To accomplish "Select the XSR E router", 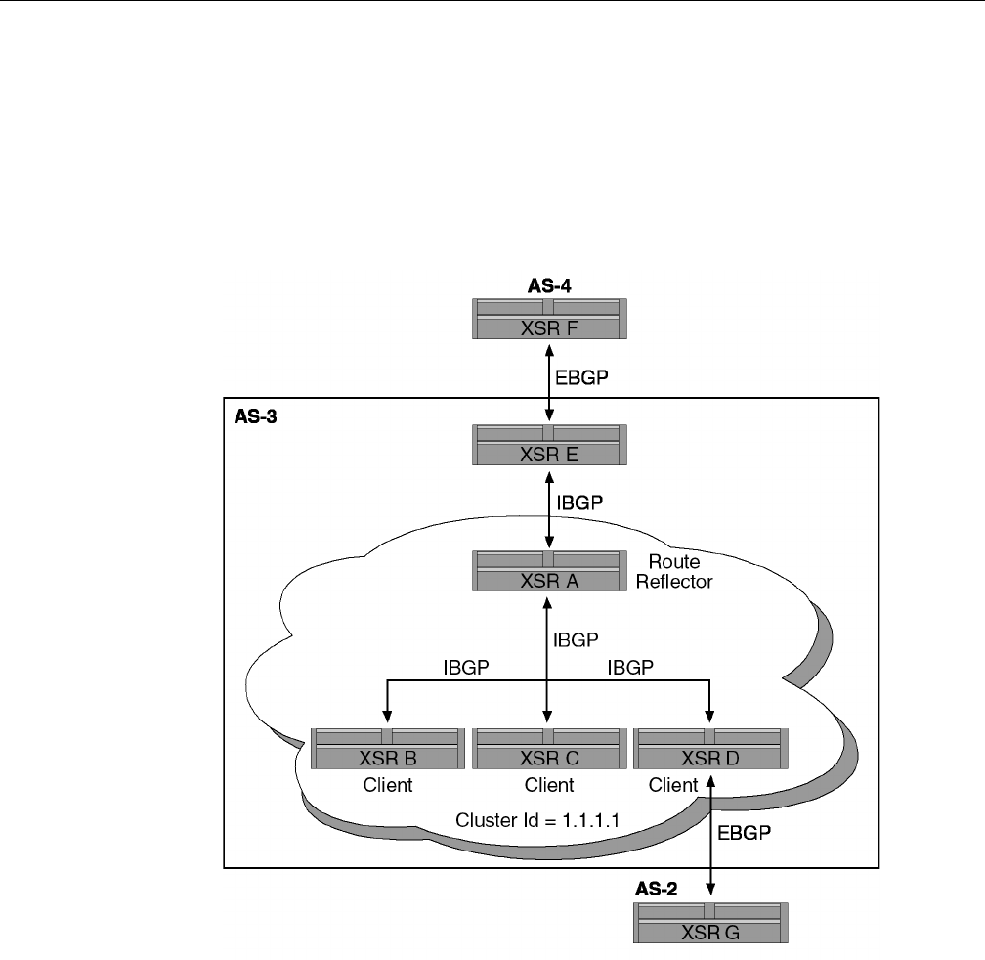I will pyautogui.click(x=548, y=445).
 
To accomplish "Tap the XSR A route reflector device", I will pyautogui.click(x=548, y=571).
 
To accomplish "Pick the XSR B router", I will pyautogui.click(x=387, y=748).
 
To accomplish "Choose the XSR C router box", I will pyautogui.click(x=548, y=748).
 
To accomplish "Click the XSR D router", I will pyautogui.click(x=709, y=748).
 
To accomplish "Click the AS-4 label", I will pyautogui.click(x=548, y=286).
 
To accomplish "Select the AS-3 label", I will pyautogui.click(x=256, y=416).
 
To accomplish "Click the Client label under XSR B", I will pyautogui.click(x=388, y=785).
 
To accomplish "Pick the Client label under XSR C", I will pyautogui.click(x=548, y=785).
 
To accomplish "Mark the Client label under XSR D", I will pyautogui.click(x=673, y=785).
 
